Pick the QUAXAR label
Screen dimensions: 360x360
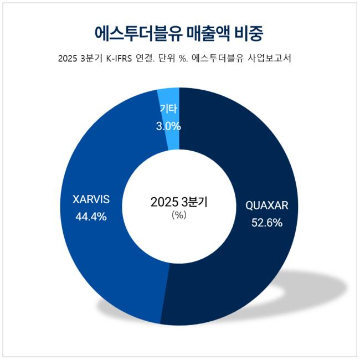(267, 206)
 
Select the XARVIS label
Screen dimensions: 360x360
(91, 199)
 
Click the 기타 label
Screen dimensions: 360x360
(168, 110)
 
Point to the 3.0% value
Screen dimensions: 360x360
(168, 126)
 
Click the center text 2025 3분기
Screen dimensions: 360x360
(179, 202)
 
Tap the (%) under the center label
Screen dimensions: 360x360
(179, 215)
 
